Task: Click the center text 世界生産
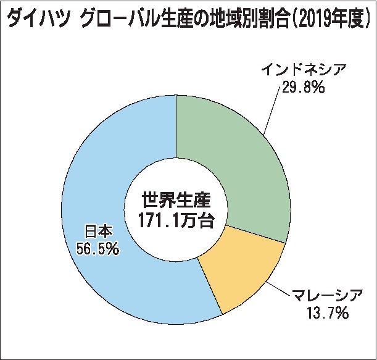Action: click(x=176, y=201)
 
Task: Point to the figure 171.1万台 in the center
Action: click(x=176, y=220)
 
